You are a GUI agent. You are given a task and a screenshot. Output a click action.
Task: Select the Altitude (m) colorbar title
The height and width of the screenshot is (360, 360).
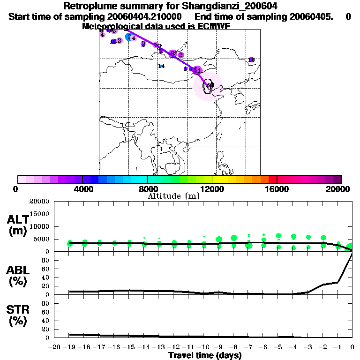coord(174,196)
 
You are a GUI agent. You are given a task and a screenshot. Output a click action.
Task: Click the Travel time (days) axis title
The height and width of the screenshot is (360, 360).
coord(205,356)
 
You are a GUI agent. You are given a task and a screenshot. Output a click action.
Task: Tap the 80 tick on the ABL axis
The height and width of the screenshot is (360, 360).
coord(46,260)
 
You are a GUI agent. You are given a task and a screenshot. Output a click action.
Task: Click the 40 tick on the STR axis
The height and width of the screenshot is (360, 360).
coord(46,321)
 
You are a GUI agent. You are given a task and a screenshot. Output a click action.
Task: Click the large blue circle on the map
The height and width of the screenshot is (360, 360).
coord(130,37)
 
